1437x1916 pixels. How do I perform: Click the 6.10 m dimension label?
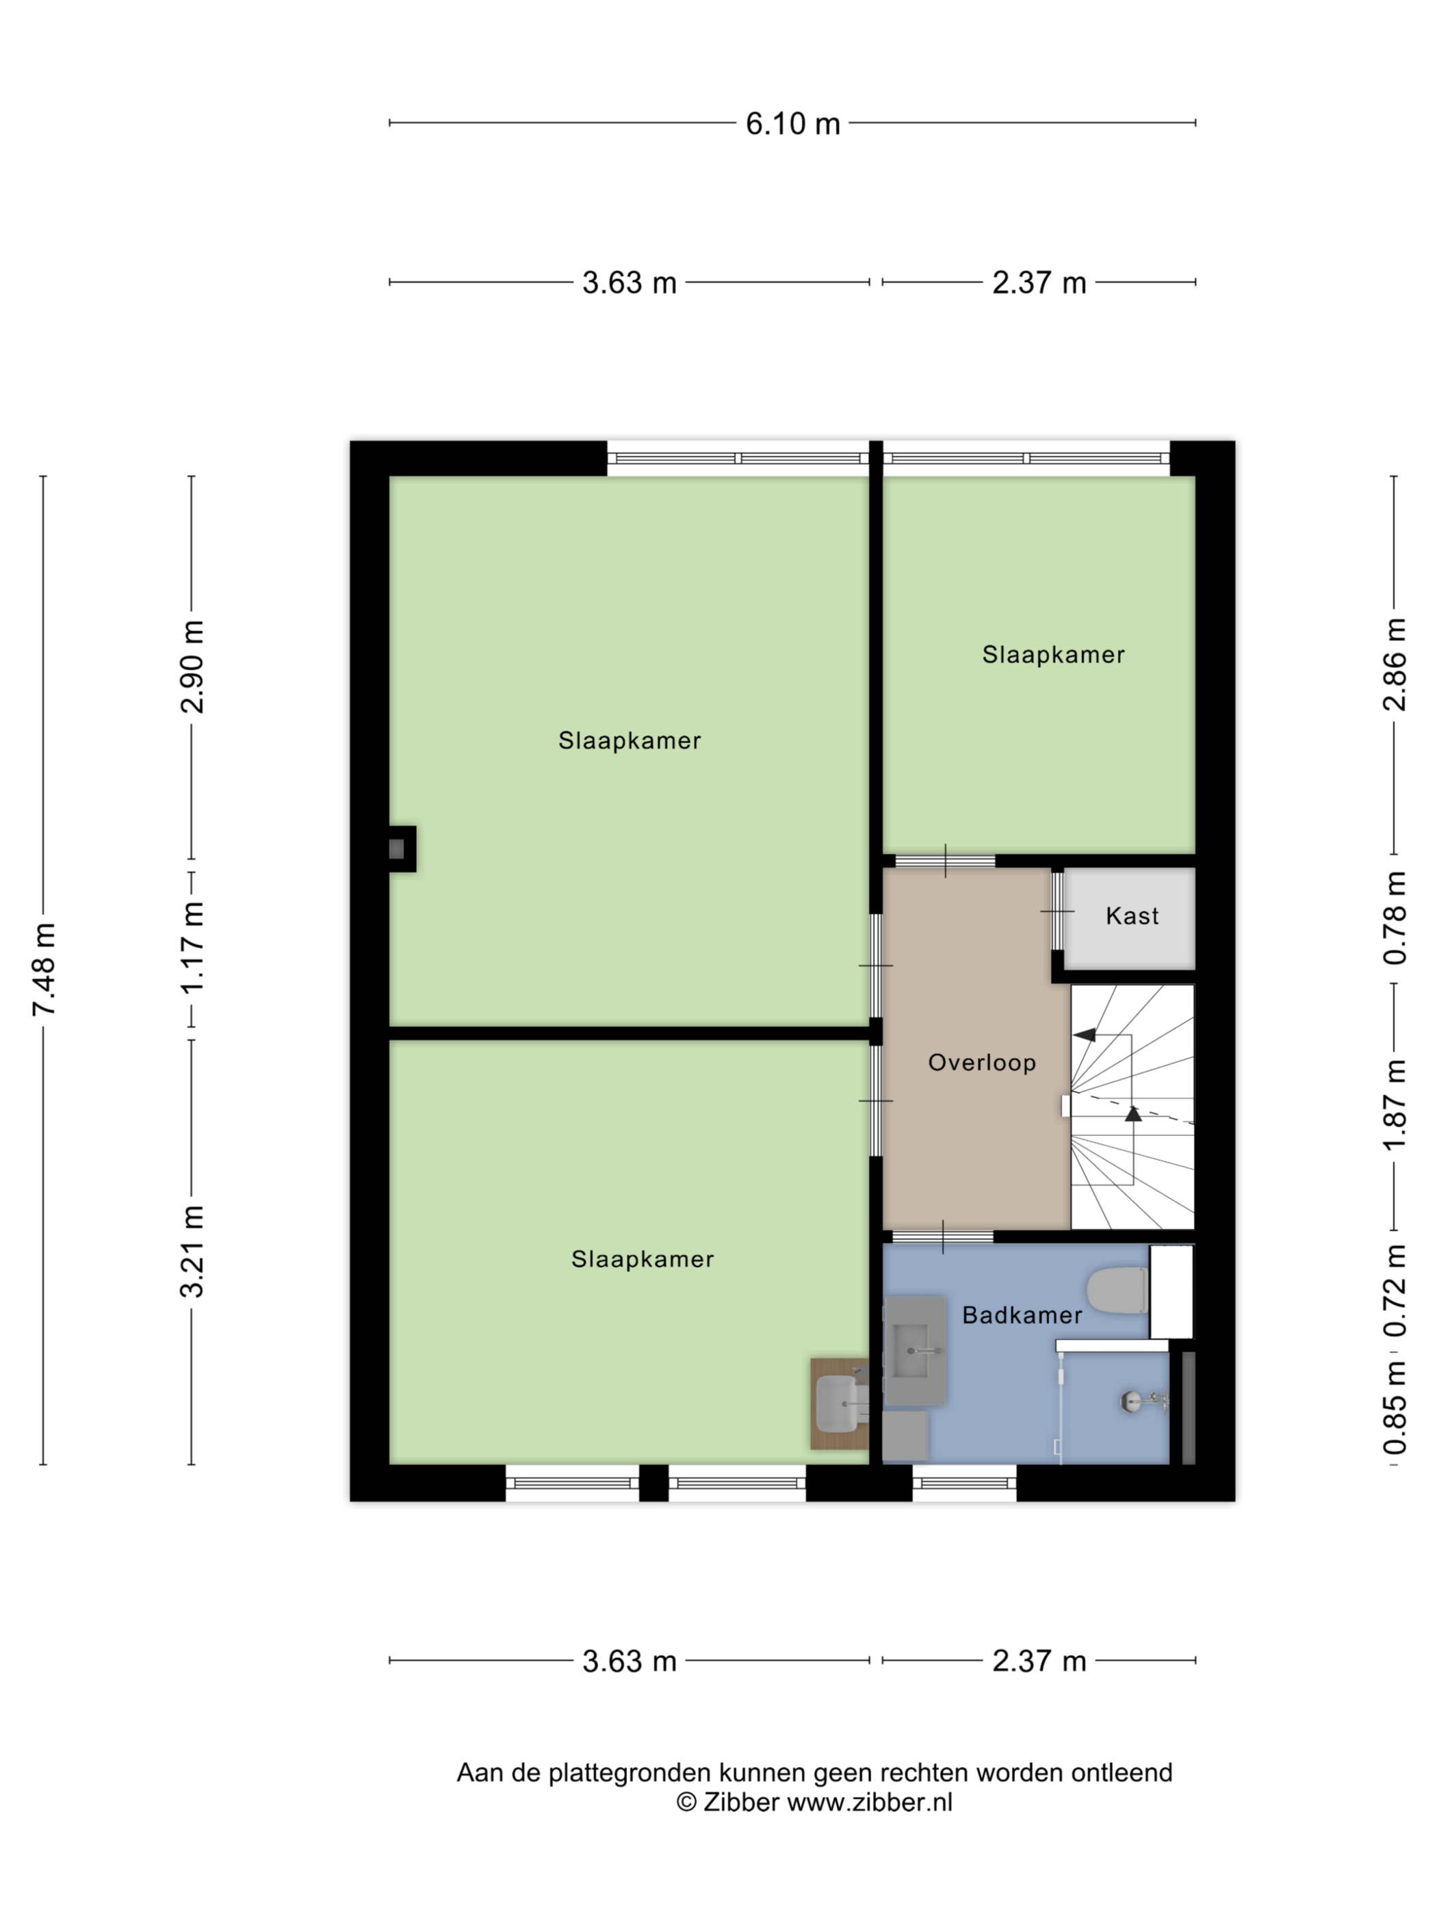(x=792, y=124)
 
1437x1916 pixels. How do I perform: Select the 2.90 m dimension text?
(x=192, y=666)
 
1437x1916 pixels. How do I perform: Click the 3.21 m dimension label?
(x=192, y=1251)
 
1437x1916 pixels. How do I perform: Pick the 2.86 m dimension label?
(x=1395, y=664)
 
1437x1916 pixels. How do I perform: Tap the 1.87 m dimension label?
(x=1395, y=1105)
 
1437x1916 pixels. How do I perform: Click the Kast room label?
(x=1132, y=916)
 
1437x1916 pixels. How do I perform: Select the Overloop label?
(x=982, y=1063)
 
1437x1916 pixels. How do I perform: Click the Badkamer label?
(x=1022, y=1315)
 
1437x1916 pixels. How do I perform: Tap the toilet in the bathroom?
(x=1117, y=1290)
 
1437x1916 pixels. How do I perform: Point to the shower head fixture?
(x=1134, y=1401)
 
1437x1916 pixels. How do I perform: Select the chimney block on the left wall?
(x=402, y=849)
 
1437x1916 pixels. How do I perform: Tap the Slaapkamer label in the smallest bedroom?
(x=1053, y=654)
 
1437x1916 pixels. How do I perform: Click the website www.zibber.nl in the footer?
(x=869, y=1802)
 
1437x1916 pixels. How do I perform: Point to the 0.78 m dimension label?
(x=1395, y=918)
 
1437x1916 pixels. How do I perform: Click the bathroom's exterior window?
(x=964, y=1483)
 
